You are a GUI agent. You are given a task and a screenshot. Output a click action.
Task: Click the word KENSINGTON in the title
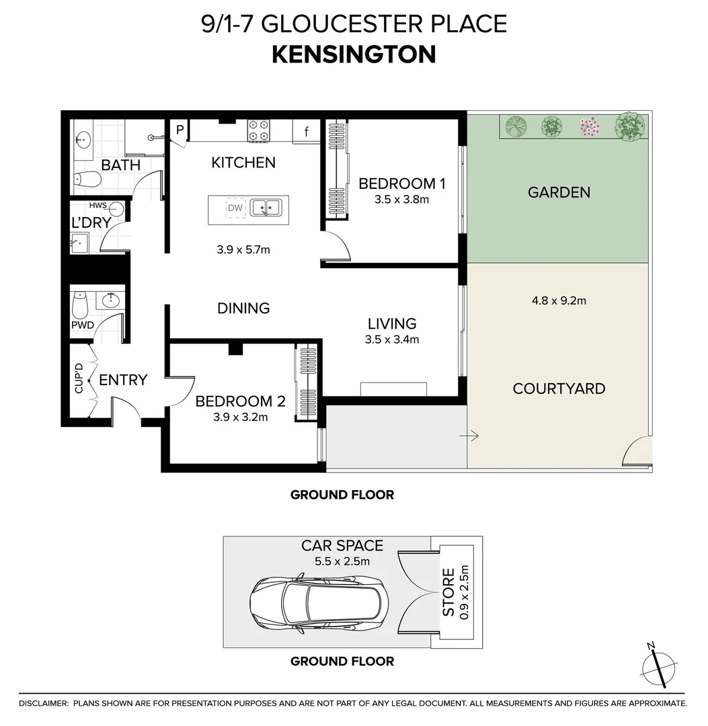pos(354,54)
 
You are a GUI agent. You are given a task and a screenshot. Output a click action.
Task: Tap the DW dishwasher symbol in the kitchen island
pos(235,208)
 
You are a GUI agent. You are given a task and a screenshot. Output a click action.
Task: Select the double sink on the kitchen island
pos(266,208)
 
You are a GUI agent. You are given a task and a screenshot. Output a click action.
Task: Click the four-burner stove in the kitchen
pos(258,130)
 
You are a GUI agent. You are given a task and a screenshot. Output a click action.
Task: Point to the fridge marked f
pos(307,132)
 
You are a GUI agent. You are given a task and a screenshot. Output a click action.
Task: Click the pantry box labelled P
pos(180,130)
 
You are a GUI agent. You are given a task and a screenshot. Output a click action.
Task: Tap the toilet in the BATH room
pos(87,179)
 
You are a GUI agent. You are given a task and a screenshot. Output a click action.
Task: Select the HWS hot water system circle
pos(116,208)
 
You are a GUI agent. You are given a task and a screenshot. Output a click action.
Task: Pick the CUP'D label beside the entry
pos(79,378)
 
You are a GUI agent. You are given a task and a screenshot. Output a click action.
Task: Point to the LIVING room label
pos(391,324)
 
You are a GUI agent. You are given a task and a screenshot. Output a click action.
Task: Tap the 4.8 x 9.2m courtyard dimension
pos(559,300)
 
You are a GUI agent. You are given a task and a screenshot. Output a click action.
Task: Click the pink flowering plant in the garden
pos(590,126)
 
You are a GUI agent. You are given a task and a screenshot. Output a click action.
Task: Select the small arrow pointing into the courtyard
pos(469,437)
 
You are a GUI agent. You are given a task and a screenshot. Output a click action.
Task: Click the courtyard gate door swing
pos(637,452)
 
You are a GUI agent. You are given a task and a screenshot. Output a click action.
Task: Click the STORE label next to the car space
pos(448,592)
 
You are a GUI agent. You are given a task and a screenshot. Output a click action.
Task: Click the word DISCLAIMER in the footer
pos(43,704)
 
